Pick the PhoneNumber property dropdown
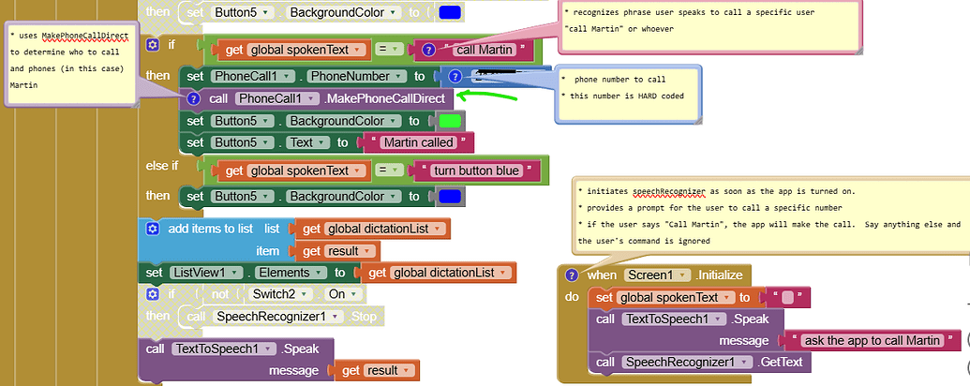(358, 76)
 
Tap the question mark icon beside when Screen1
(571, 275)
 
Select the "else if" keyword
(162, 166)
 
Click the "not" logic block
(218, 294)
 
